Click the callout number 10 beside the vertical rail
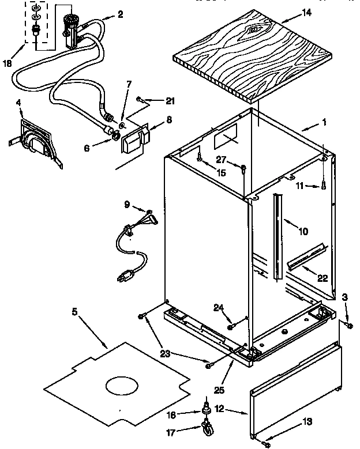coord(303,231)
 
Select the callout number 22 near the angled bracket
coord(322,278)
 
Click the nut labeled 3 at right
coord(350,326)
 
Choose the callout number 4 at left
coord(19,103)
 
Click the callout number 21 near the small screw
coord(169,101)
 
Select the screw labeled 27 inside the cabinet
coord(245,169)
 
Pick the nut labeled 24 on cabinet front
coord(231,327)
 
